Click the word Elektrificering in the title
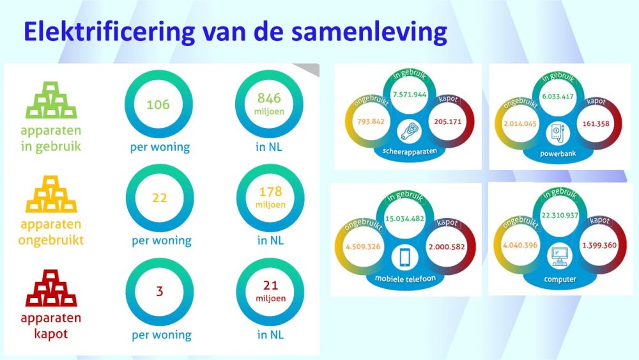(x=109, y=32)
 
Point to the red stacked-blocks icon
(x=51, y=288)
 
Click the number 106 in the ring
(x=158, y=104)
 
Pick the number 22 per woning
(x=160, y=198)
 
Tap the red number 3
(x=160, y=291)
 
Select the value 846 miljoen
(x=270, y=104)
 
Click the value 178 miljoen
(x=270, y=198)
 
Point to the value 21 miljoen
(x=270, y=291)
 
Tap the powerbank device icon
(x=557, y=134)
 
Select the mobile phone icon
(x=404, y=257)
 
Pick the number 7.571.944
(x=410, y=95)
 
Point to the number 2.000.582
(x=447, y=247)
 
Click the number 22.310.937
(x=560, y=215)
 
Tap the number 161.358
(x=596, y=123)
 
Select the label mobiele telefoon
(x=405, y=279)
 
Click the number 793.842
(x=371, y=121)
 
